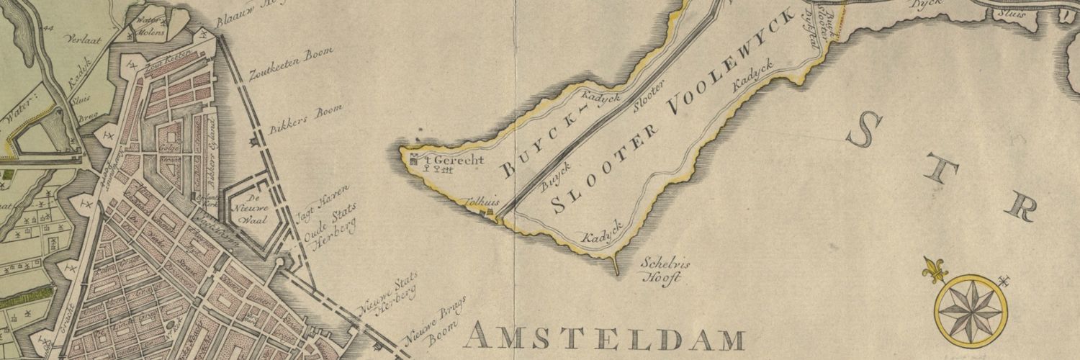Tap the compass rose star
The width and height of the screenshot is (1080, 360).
point(971,308)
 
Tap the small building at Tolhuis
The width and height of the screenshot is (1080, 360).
point(492,212)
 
